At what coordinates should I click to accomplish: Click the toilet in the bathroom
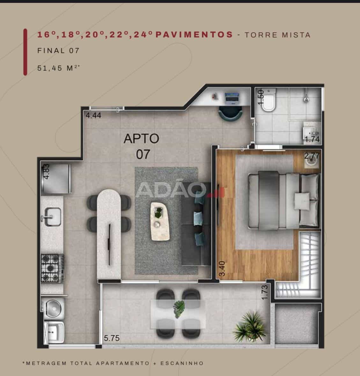(268, 100)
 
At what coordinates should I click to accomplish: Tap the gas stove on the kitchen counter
(52, 268)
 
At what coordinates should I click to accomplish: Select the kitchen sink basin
(53, 217)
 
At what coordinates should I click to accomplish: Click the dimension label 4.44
(93, 115)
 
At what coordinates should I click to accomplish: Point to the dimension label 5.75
(112, 338)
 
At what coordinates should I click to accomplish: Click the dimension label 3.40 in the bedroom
(222, 269)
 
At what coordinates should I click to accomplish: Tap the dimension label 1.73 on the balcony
(265, 292)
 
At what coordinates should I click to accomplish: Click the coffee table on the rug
(160, 221)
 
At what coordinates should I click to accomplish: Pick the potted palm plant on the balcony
(249, 327)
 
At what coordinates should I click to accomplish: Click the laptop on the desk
(232, 99)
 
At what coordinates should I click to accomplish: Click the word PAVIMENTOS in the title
(195, 34)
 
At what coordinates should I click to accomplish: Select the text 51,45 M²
(58, 68)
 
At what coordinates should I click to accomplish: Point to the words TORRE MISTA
(277, 35)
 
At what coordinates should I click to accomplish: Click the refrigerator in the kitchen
(56, 178)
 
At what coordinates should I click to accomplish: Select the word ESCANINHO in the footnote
(182, 363)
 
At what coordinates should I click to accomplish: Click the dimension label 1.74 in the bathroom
(312, 139)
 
